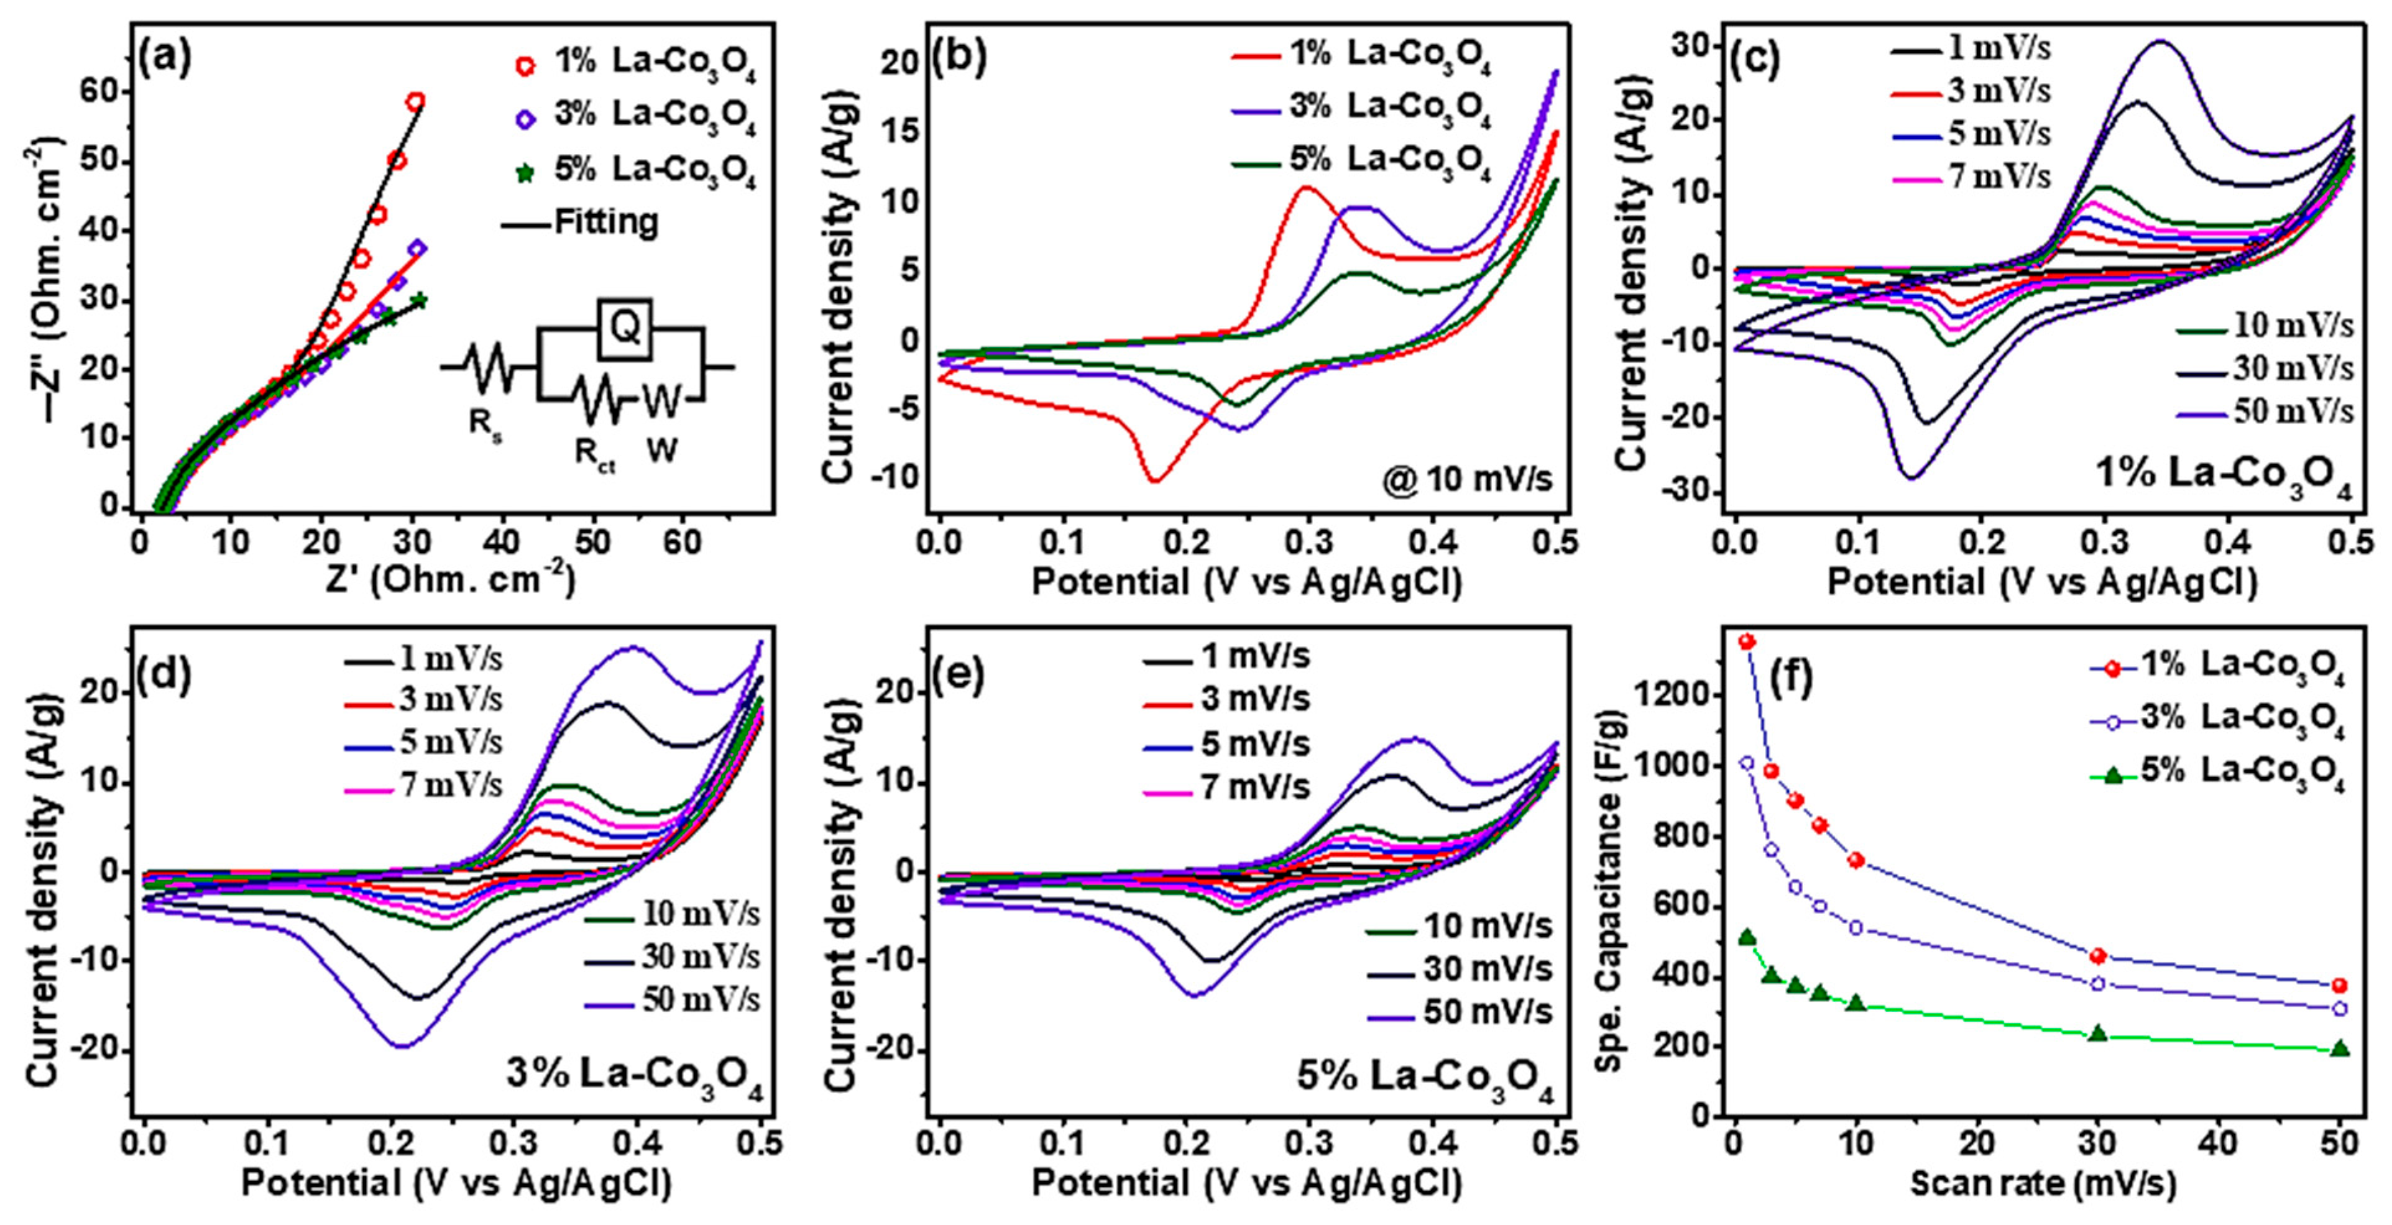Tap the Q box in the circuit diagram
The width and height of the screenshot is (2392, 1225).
[625, 328]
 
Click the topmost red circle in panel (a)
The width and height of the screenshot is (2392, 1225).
[415, 101]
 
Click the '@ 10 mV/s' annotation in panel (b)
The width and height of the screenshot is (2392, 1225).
[1473, 479]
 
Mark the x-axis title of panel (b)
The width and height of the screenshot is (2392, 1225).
[1247, 582]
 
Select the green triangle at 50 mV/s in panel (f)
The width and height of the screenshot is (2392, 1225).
[2340, 1048]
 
